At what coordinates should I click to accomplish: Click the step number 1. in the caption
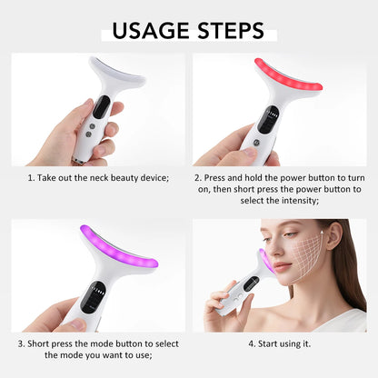pyautogui.click(x=31, y=177)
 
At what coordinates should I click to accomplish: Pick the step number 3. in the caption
pyautogui.click(x=20, y=343)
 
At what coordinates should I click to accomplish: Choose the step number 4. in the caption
pyautogui.click(x=252, y=343)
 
